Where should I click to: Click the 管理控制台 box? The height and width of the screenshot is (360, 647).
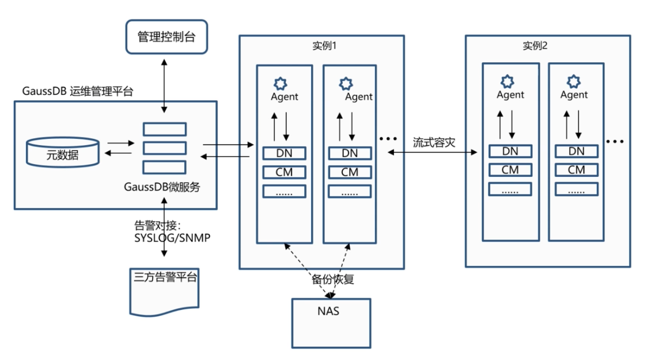point(166,37)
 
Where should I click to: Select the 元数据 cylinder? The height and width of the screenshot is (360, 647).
point(63,152)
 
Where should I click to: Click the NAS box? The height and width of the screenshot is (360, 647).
point(331,323)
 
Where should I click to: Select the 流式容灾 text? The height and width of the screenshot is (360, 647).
point(434,142)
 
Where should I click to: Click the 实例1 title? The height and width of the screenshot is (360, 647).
point(320,46)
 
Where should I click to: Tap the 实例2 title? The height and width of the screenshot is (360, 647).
point(534,46)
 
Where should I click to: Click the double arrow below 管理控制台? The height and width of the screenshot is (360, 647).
point(165,83)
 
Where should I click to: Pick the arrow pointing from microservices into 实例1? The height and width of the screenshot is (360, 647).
point(228,145)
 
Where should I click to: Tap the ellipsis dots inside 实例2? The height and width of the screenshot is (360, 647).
point(615,142)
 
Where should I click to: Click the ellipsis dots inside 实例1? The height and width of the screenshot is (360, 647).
point(389,139)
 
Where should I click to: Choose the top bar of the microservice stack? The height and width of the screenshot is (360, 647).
point(164,129)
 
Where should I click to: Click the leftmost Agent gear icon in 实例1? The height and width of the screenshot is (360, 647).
point(280,84)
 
